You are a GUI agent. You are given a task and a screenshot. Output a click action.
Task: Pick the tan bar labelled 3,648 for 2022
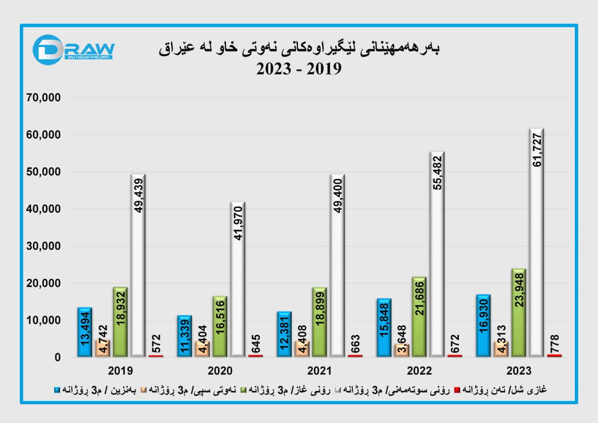401,350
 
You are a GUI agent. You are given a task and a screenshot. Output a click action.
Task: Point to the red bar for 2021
355,356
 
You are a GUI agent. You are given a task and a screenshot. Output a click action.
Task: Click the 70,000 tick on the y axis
43,98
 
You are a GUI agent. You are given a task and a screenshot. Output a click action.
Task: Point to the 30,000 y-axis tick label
43,246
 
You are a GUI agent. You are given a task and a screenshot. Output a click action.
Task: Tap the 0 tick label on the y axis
58,358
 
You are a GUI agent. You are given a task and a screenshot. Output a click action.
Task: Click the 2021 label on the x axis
320,371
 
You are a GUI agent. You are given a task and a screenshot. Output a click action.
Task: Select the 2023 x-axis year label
519,371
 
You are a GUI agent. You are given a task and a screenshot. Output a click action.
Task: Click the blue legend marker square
57,390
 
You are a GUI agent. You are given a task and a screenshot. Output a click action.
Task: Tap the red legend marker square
457,390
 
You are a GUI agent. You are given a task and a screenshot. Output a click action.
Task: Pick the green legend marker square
243,390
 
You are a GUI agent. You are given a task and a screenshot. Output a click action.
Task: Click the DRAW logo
73,50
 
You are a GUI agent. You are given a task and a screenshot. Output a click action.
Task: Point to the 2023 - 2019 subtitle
299,69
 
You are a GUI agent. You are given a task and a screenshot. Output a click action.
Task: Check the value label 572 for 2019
156,343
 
